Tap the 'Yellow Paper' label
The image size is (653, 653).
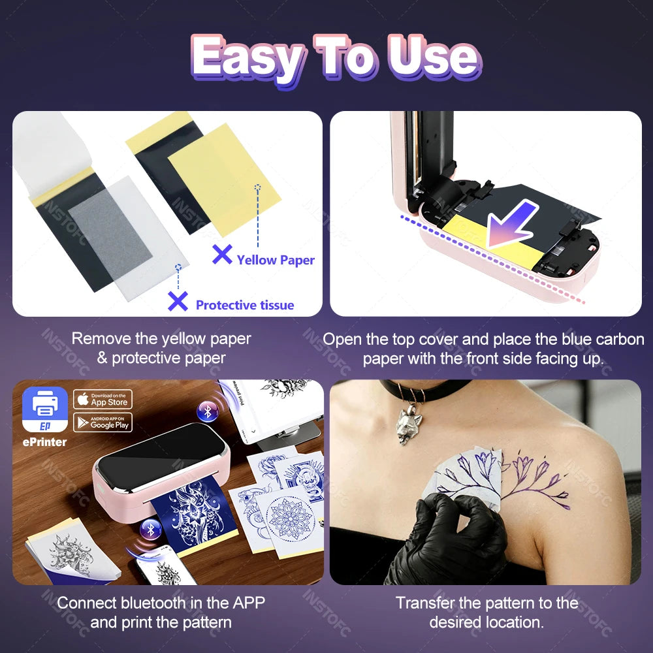275,260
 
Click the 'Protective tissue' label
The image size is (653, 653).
244,305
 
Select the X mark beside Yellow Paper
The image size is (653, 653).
222,254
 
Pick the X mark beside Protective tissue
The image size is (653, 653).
178,301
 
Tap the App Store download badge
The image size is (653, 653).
103,399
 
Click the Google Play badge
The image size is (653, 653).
103,422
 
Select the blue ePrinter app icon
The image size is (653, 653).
45,409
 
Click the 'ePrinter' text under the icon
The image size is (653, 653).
45,442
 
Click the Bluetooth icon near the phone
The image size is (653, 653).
151,529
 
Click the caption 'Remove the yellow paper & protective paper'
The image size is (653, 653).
161,348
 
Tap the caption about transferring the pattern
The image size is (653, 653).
486,612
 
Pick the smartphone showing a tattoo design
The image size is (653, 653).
160,568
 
